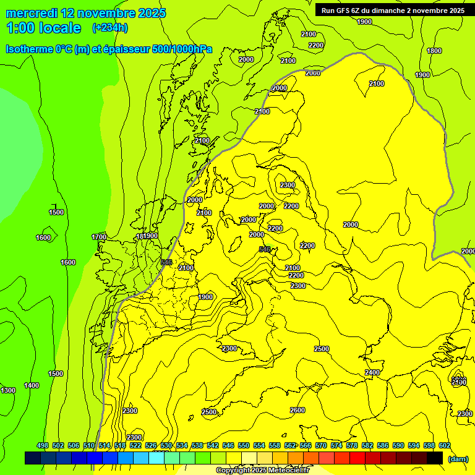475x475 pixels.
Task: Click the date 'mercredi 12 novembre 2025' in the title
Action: (85, 13)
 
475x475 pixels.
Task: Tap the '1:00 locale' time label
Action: (43, 28)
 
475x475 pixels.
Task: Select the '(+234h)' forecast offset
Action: (109, 28)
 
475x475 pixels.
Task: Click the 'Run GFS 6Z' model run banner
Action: (393, 11)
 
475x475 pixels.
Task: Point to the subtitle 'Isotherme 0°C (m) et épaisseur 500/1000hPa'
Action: (108, 49)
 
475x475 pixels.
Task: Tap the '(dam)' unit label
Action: (458, 459)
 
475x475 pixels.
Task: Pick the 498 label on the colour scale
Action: (43, 446)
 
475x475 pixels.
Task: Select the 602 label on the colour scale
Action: (445, 446)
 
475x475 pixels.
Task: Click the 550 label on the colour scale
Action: (244, 446)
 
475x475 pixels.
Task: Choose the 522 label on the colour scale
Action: (135, 446)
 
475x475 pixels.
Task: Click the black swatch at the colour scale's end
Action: (435, 458)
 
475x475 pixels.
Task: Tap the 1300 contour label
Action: (8, 390)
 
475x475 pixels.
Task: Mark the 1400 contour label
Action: (32, 385)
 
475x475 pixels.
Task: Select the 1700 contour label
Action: (99, 237)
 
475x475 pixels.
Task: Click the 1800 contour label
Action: (434, 51)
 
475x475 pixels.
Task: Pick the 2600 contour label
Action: (297, 410)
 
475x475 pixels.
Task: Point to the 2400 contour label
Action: (372, 372)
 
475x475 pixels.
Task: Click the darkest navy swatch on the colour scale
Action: (33, 458)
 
